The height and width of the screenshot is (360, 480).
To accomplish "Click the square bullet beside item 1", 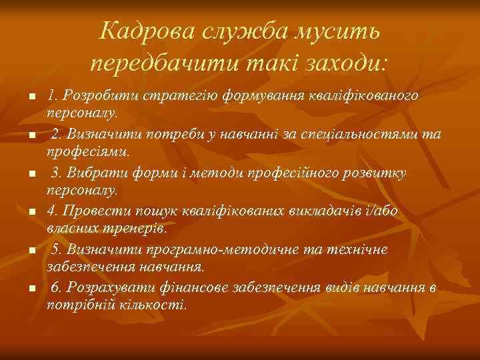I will (x=31, y=98).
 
